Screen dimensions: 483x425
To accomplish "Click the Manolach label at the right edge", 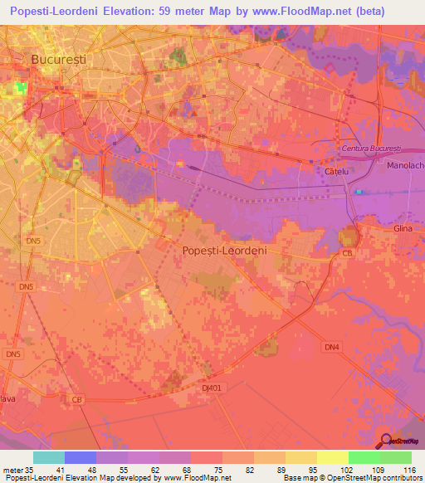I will tap(405, 166).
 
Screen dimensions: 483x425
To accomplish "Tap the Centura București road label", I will tap(371, 148).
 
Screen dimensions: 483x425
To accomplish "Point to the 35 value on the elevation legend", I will tap(32, 469).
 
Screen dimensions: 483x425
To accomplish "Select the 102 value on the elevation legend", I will tap(332, 469).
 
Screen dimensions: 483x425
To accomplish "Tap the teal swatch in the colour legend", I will tap(48, 457).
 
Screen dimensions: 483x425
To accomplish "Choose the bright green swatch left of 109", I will tap(364, 457).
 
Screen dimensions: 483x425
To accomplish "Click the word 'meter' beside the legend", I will tap(13, 469).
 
